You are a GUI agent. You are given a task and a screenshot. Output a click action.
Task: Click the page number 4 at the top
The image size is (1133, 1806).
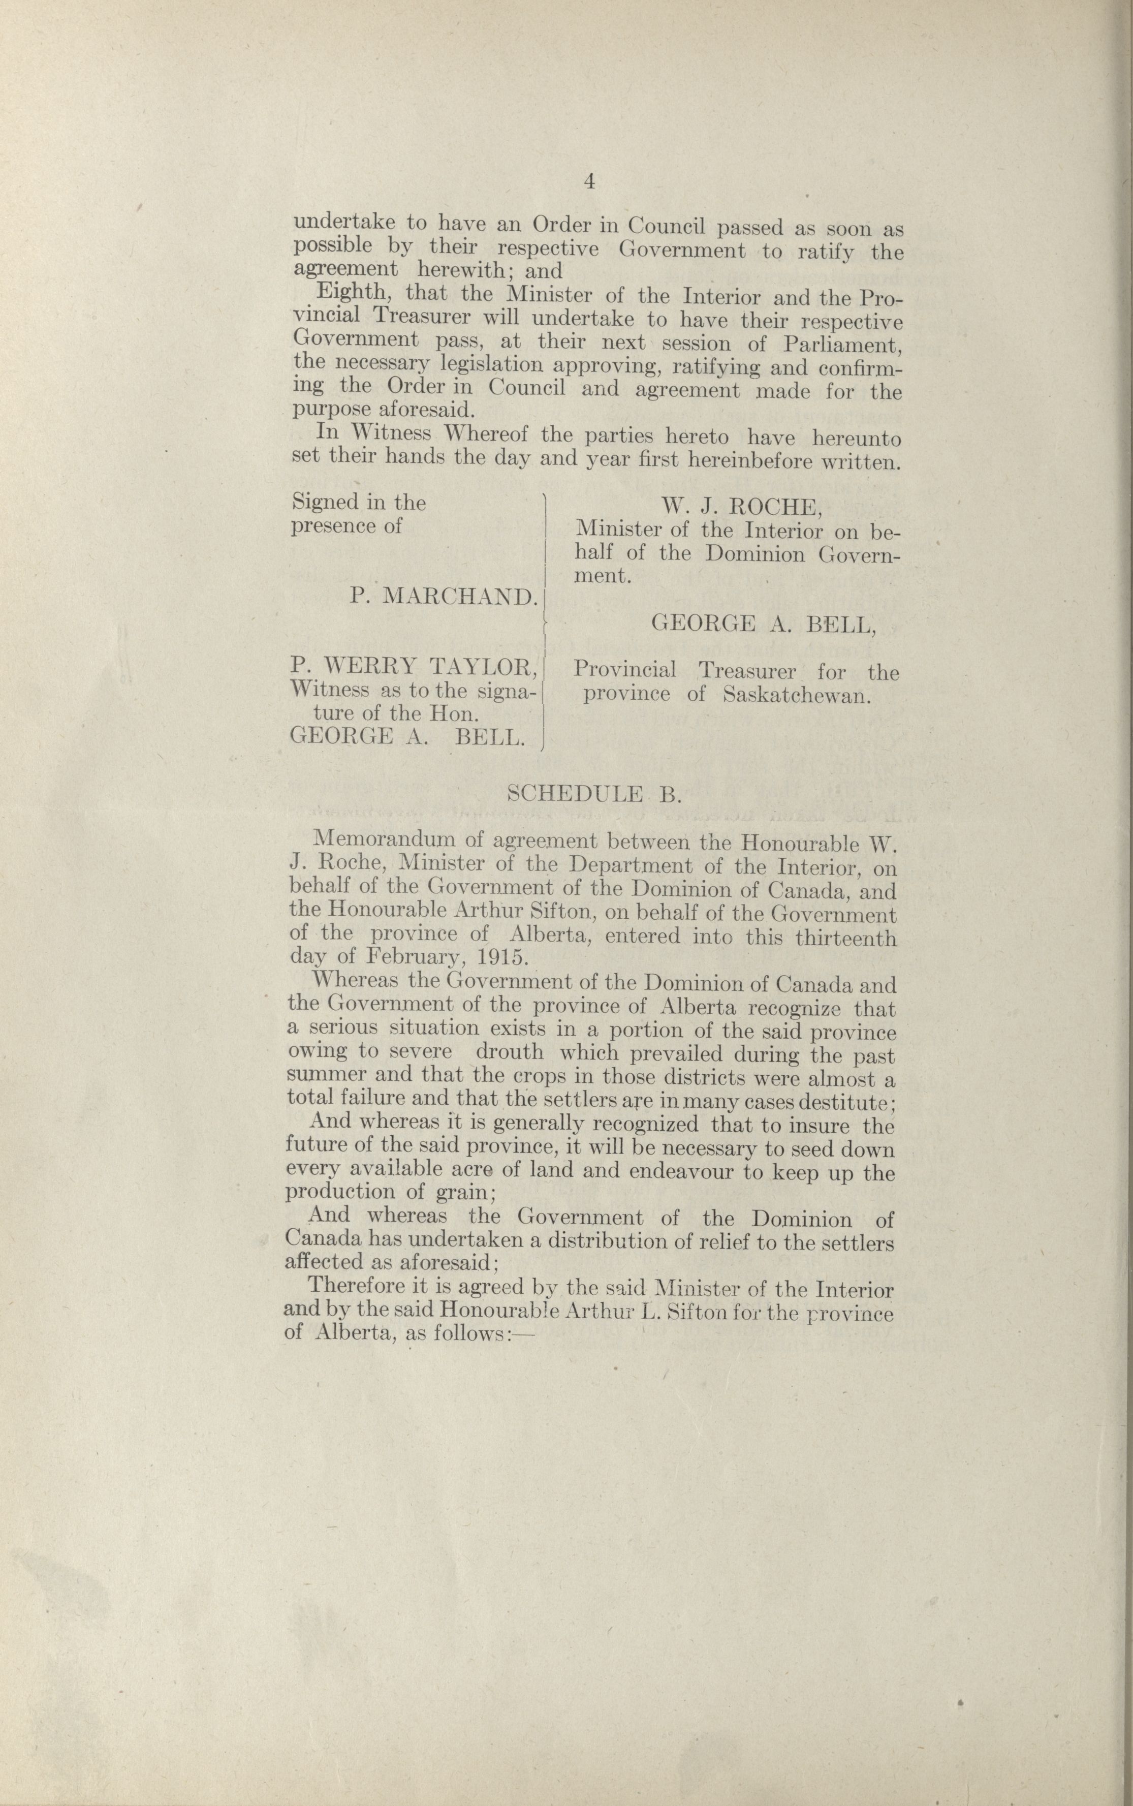pyautogui.click(x=589, y=181)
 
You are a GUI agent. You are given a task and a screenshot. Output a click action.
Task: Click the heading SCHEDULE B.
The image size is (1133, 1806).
pyautogui.click(x=594, y=794)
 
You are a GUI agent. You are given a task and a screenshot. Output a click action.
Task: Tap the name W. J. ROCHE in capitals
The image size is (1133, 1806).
pyautogui.click(x=741, y=507)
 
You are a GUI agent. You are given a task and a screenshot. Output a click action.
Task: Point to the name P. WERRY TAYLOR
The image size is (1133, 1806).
pyautogui.click(x=414, y=666)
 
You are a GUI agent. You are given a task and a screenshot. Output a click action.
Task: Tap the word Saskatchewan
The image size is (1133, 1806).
pyautogui.click(x=797, y=695)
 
